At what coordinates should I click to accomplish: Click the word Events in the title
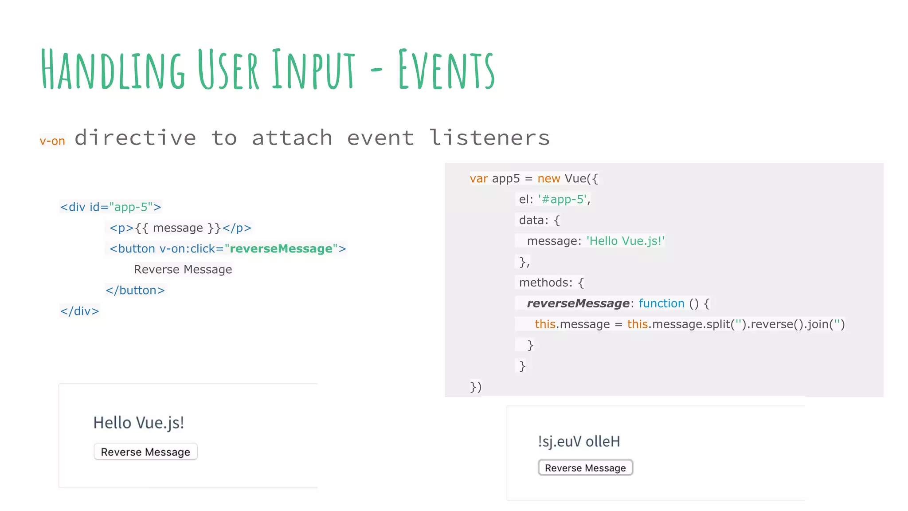click(x=446, y=69)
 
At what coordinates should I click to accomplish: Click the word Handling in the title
click(x=113, y=69)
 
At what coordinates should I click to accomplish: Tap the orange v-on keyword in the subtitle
click(x=52, y=141)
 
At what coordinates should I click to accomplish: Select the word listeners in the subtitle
click(x=489, y=138)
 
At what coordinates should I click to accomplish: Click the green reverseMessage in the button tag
click(x=281, y=249)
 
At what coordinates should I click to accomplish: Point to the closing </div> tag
click(x=80, y=311)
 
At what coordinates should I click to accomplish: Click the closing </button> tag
click(x=135, y=291)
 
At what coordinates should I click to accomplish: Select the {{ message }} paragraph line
click(x=180, y=228)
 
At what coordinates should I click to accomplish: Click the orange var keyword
click(x=478, y=179)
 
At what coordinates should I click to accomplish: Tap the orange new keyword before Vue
click(x=548, y=179)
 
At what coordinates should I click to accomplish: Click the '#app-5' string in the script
click(x=563, y=200)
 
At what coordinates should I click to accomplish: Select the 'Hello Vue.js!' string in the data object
click(x=626, y=241)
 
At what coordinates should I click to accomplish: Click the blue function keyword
click(x=661, y=303)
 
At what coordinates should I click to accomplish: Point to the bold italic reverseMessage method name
click(x=578, y=303)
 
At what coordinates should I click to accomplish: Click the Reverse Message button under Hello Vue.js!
click(x=145, y=452)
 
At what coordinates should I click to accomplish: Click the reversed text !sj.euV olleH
click(x=579, y=442)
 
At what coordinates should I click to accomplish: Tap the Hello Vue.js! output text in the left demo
click(x=138, y=423)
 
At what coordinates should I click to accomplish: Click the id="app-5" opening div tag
click(x=111, y=207)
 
